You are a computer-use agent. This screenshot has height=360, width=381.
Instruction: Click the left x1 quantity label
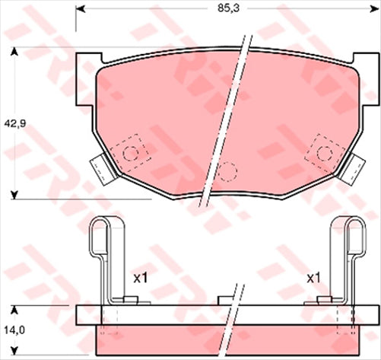139,278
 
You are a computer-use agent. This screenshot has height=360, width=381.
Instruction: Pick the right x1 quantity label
313,278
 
